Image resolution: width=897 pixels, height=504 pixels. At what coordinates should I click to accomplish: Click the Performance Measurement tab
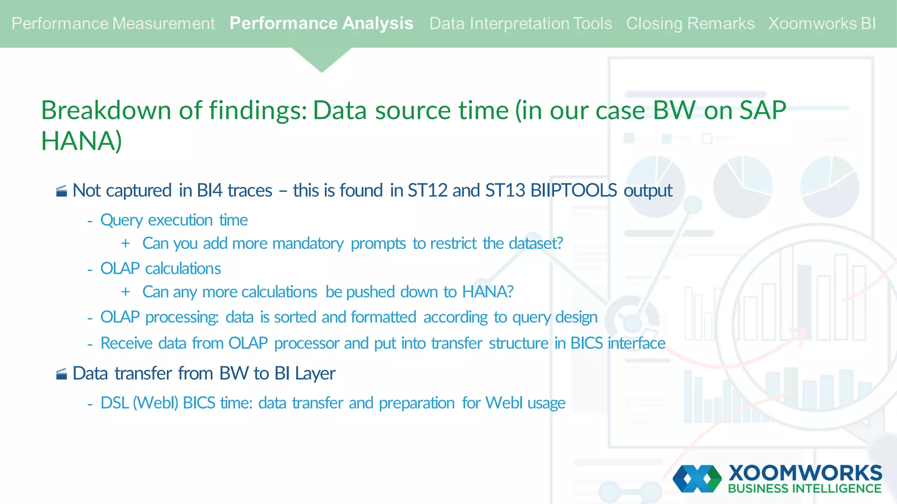point(113,24)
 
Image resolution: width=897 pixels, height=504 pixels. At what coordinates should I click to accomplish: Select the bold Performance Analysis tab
point(321,24)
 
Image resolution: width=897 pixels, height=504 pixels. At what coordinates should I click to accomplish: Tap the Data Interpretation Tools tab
point(520,24)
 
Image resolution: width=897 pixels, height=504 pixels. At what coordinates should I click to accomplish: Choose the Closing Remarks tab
point(690,24)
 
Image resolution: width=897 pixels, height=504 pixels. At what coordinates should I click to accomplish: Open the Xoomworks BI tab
point(822,24)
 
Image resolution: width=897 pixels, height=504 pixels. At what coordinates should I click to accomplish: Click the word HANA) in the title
point(81,141)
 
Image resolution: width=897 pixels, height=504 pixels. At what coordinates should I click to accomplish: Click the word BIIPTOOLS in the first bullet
point(574,190)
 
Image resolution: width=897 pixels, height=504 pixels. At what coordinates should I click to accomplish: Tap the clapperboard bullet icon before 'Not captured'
point(62,191)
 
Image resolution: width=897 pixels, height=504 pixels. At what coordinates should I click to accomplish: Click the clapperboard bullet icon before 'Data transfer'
point(62,374)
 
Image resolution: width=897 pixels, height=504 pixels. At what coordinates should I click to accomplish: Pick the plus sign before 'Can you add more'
point(126,243)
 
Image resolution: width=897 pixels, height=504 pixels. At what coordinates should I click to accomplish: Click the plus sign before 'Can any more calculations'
point(126,292)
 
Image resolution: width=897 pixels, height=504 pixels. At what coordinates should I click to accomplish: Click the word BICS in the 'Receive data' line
point(586,343)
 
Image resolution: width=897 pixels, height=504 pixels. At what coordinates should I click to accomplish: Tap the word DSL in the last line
point(115,403)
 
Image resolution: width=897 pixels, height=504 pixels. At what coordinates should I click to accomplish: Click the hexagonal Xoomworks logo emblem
point(697,479)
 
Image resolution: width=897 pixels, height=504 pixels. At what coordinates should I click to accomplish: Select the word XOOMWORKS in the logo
point(805,473)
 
